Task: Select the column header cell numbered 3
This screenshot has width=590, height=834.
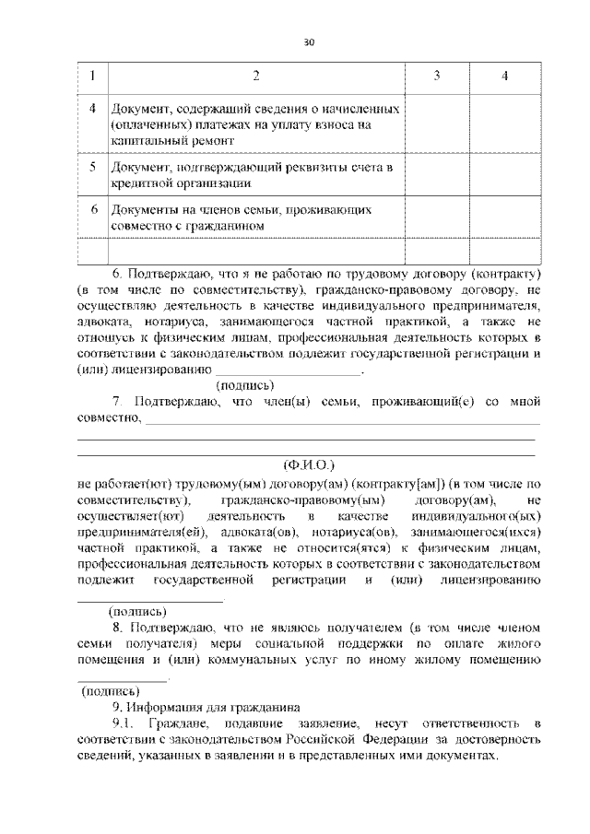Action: pos(436,76)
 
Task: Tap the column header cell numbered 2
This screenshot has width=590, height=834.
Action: pos(256,76)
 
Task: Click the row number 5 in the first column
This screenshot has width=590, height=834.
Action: pos(92,167)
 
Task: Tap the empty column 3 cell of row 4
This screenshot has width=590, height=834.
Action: pos(436,124)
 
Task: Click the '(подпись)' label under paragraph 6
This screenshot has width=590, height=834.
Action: pos(244,385)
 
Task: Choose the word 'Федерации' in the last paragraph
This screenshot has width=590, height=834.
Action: pos(367,739)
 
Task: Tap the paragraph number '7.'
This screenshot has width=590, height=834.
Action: pos(118,402)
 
